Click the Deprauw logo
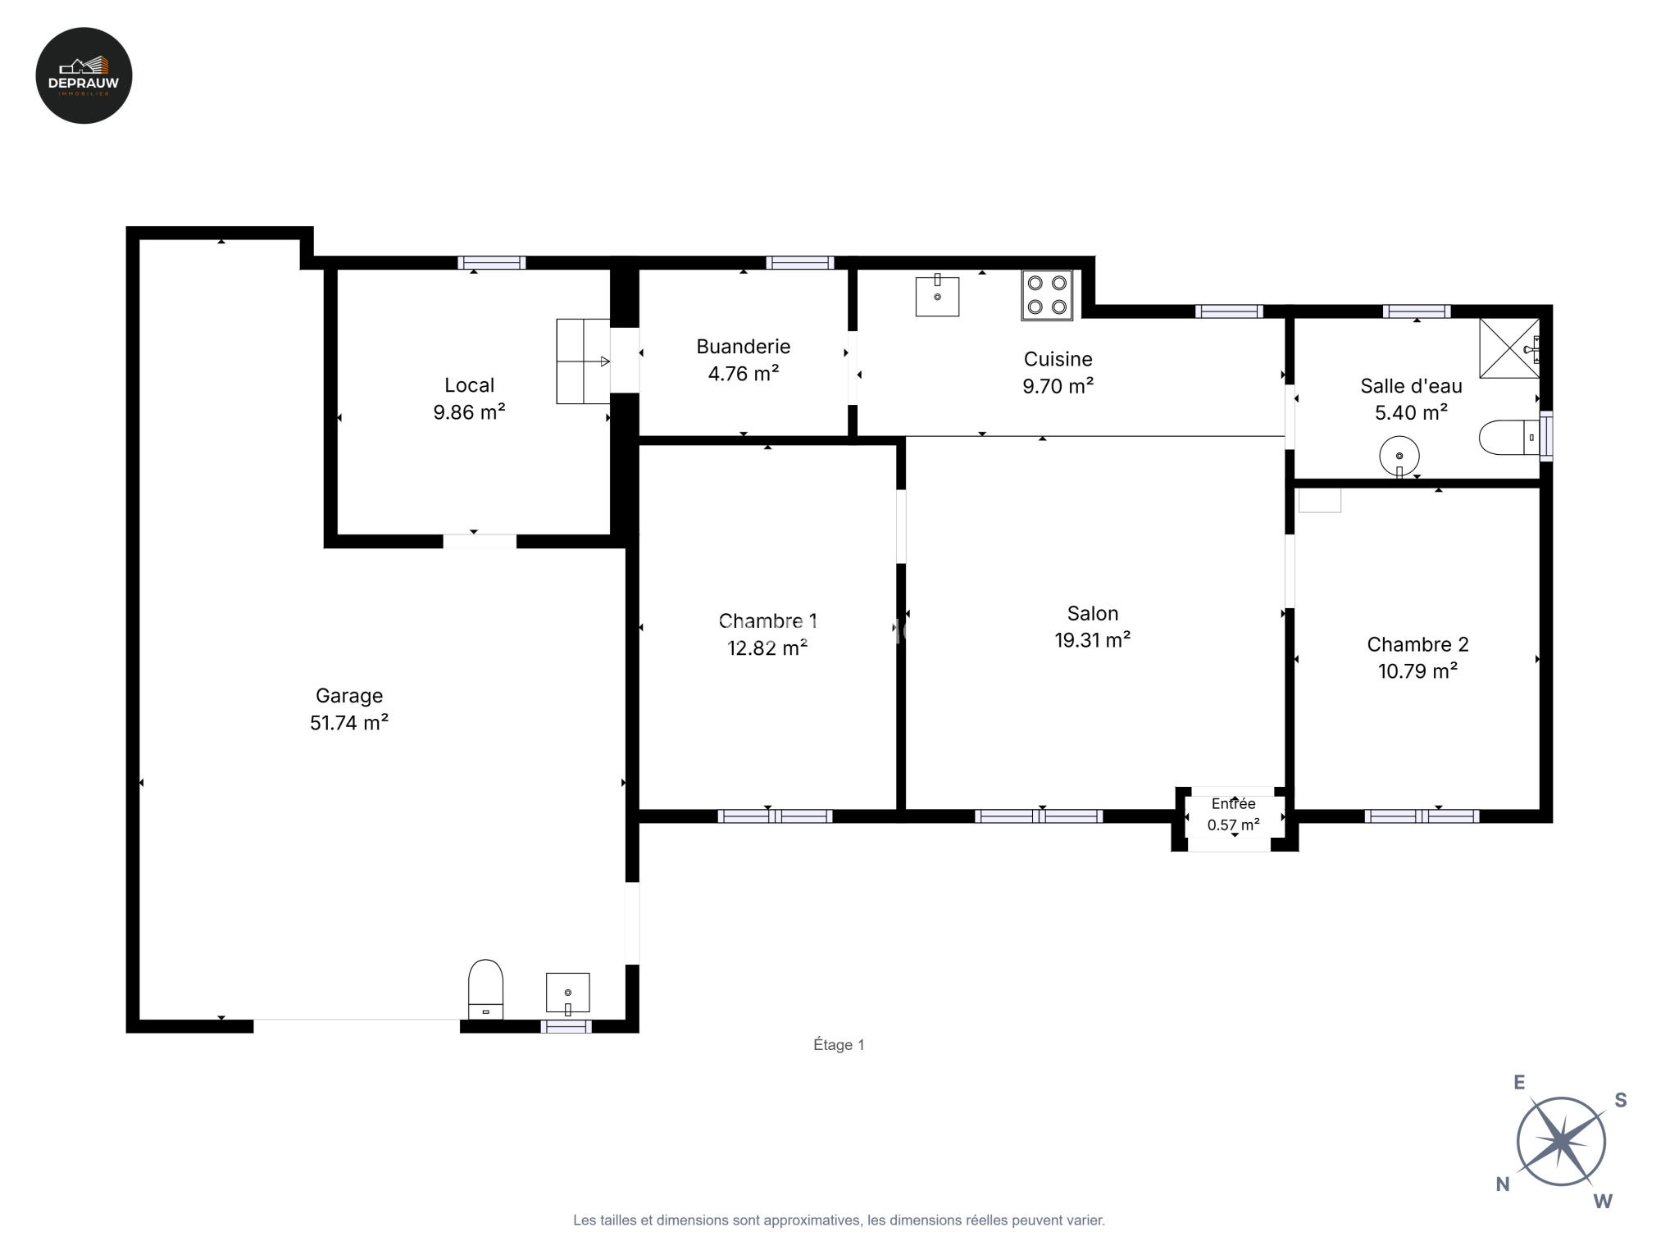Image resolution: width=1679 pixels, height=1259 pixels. pyautogui.click(x=84, y=75)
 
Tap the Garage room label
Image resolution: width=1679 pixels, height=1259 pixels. pyautogui.click(x=349, y=696)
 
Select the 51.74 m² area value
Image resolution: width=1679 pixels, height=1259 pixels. pyautogui.click(x=349, y=722)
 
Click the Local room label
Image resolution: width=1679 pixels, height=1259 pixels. pyautogui.click(x=469, y=385)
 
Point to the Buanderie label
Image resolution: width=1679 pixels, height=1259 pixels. pyautogui.click(x=744, y=347)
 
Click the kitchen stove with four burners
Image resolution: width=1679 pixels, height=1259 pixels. pyautogui.click(x=1047, y=295)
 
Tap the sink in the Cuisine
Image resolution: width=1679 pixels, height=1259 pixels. pyautogui.click(x=937, y=295)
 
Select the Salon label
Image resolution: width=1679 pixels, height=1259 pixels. pyautogui.click(x=1093, y=613)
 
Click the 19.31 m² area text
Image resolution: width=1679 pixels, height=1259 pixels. pyautogui.click(x=1093, y=640)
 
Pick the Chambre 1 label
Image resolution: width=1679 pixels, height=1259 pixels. pyautogui.click(x=767, y=621)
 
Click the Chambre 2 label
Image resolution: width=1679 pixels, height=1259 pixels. pyautogui.click(x=1417, y=644)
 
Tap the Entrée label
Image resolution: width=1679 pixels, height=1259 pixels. pyautogui.click(x=1234, y=804)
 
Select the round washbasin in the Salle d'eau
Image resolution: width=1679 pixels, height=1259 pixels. pyautogui.click(x=1399, y=456)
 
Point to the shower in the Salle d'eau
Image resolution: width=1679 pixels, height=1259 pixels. pyautogui.click(x=1509, y=348)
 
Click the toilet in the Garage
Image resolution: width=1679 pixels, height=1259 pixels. pyautogui.click(x=485, y=989)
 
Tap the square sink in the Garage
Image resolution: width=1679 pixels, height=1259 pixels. pyautogui.click(x=568, y=993)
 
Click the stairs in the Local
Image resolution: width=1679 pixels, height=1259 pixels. pyautogui.click(x=583, y=361)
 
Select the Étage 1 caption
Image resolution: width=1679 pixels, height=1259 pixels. pyautogui.click(x=839, y=1045)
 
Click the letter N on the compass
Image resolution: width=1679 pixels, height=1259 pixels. pyautogui.click(x=1503, y=1184)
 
